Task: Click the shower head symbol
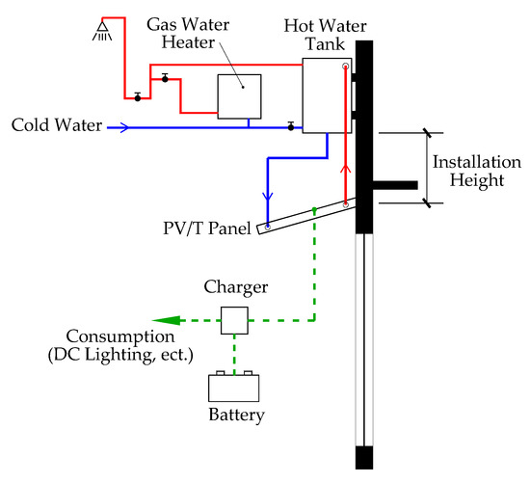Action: [x=102, y=31]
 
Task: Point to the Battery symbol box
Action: [x=234, y=387]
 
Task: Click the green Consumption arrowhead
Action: [x=167, y=320]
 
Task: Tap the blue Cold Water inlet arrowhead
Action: [x=124, y=127]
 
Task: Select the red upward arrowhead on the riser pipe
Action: [x=345, y=169]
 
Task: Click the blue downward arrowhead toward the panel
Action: [x=268, y=197]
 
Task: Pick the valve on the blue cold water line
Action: [x=291, y=126]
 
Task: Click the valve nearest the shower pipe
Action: [x=138, y=97]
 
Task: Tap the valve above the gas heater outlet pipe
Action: [x=165, y=78]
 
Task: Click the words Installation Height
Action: [x=477, y=172]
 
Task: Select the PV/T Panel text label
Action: [x=207, y=228]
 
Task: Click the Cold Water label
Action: [x=57, y=125]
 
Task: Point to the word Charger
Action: [x=235, y=287]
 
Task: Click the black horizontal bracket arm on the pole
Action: [x=395, y=185]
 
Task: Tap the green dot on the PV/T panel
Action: [x=314, y=210]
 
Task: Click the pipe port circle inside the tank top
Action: [x=345, y=66]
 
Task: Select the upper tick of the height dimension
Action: [x=427, y=133]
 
